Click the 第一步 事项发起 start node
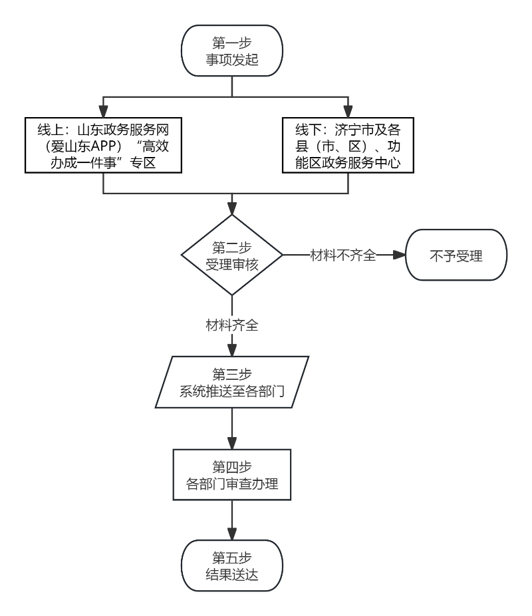231,51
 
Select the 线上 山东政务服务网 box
103,145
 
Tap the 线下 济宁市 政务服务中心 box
348,145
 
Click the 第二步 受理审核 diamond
231,255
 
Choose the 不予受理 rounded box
456,255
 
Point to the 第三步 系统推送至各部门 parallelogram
231,383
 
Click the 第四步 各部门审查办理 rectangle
231,474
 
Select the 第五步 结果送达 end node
231,565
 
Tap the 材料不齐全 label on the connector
343,255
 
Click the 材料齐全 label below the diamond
231,325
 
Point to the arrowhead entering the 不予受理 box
399,255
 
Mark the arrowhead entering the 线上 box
103,112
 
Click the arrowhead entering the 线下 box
348,112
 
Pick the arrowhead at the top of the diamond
231,209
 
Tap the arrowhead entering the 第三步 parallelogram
231,351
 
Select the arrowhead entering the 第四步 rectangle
231,443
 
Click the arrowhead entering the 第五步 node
231,534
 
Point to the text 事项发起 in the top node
231,59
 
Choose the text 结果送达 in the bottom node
231,574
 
